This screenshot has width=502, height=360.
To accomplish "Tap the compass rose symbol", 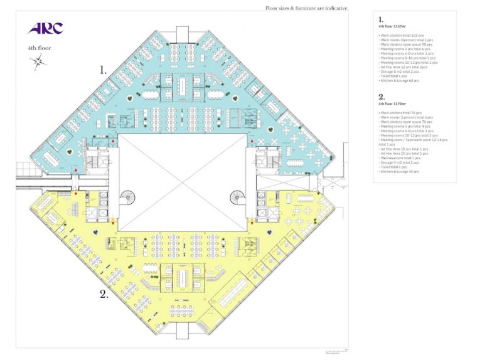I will (x=38, y=60).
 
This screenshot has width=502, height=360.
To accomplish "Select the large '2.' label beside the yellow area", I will (x=105, y=292).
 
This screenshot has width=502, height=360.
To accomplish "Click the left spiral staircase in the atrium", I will (x=127, y=198).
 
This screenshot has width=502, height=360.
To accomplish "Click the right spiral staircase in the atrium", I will (x=238, y=198).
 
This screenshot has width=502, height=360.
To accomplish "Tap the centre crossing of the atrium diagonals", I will (x=182, y=182).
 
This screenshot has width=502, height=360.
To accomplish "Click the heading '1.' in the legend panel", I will (x=381, y=20).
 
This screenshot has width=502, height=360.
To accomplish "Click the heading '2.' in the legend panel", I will (x=382, y=97).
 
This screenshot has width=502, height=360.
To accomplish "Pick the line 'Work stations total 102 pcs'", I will (x=402, y=36).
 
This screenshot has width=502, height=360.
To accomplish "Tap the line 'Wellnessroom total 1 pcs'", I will (x=400, y=157).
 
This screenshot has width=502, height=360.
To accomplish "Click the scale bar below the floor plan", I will (x=336, y=350).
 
